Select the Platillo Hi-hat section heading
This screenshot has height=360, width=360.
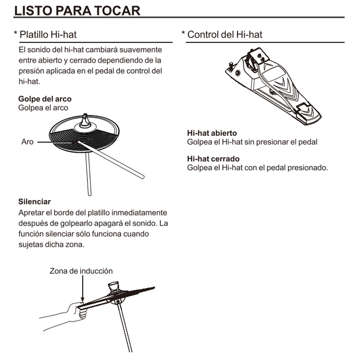[x=48, y=34]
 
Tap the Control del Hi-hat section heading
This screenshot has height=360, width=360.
[x=224, y=34]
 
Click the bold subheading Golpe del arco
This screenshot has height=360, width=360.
[x=45, y=99]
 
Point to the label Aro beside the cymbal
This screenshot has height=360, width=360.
[x=27, y=142]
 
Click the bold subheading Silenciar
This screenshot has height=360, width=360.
[x=34, y=202]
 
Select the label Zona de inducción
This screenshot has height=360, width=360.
[x=81, y=271]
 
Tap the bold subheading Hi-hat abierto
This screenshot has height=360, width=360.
[x=212, y=133]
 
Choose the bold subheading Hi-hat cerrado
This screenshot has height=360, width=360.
[x=213, y=159]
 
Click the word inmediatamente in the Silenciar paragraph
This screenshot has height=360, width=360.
[x=139, y=213]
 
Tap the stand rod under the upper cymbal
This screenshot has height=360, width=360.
[x=88, y=174]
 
